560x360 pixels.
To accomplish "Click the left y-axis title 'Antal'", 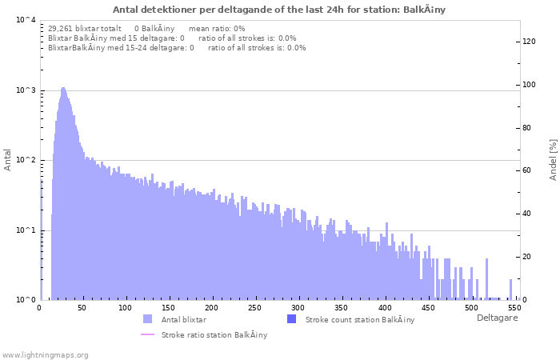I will coord(8,160).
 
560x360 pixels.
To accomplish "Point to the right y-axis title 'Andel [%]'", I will coord(553,158).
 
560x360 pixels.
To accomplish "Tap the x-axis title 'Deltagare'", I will coord(498,318).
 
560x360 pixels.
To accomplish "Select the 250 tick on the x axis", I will coord(254,308).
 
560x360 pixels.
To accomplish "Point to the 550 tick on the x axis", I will coord(514,308).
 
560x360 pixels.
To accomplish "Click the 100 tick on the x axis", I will coord(125,308).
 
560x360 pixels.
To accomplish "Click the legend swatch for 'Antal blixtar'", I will coord(147,319).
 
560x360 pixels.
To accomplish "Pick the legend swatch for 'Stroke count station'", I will coord(291,319).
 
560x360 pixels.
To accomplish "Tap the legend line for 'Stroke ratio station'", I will coord(147,334).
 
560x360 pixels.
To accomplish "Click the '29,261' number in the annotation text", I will coord(62,28).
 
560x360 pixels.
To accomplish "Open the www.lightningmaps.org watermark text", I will coord(45,354).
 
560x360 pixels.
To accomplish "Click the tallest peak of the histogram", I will coord(62,89).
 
